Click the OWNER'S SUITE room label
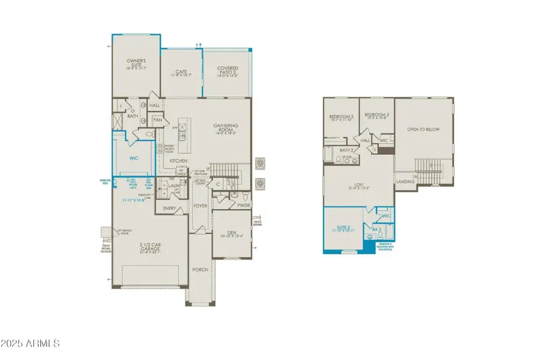pos(136,61)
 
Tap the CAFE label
pos(181,72)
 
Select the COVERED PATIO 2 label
pos(227,71)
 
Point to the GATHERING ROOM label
pos(226,127)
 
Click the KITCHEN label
pos(179,161)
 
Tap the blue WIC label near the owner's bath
pos(133,159)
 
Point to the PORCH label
pos(200,269)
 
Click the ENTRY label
pos(169,208)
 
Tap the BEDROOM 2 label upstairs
pos(341,116)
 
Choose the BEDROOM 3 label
pos(376,115)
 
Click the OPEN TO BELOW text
pos(423,129)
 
